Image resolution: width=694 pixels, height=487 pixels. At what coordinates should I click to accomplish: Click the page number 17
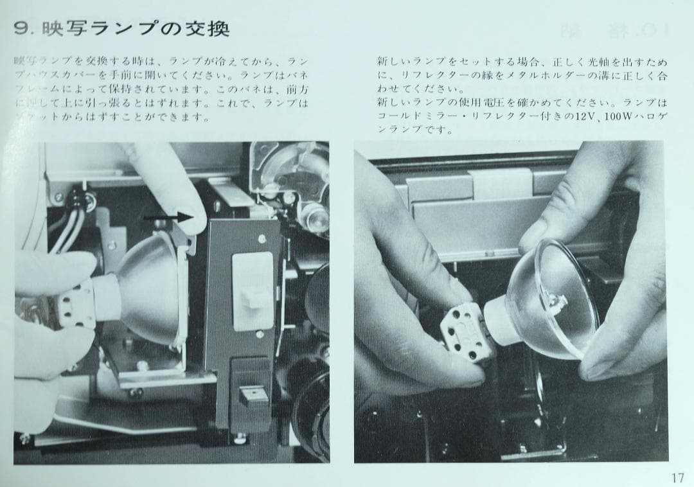coord(677,477)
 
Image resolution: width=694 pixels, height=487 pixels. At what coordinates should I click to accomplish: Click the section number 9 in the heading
coord(22,28)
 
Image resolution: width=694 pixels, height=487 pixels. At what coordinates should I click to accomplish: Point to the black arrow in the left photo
coord(168,217)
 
